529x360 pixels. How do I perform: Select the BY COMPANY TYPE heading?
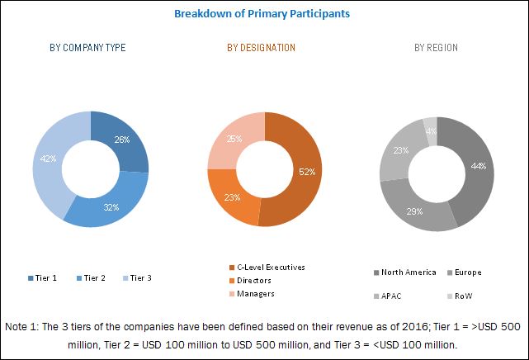pyautogui.click(x=87, y=49)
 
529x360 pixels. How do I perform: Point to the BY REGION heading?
pyautogui.click(x=436, y=49)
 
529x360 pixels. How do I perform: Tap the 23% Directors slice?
pyautogui.click(x=231, y=198)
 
